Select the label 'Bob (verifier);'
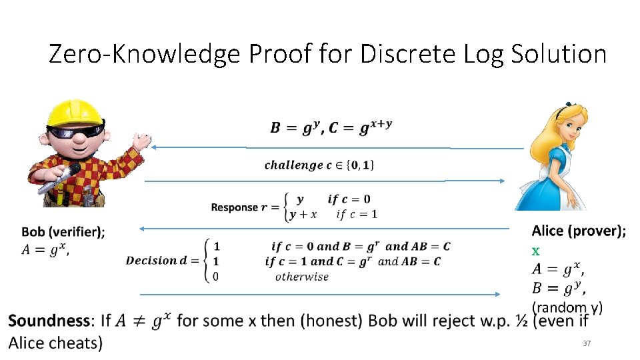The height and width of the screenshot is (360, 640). pos(63,231)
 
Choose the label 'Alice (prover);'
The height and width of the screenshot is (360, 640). pos(579,231)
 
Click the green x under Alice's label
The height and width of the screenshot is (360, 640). pos(535,251)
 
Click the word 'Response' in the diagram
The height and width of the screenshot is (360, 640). pos(234,207)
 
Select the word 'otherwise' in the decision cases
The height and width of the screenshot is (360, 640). pos(301,277)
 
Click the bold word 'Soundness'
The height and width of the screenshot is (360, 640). pos(50,321)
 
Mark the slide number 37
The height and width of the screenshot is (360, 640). pos(587,343)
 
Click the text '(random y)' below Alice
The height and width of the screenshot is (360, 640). pos(567,307)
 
